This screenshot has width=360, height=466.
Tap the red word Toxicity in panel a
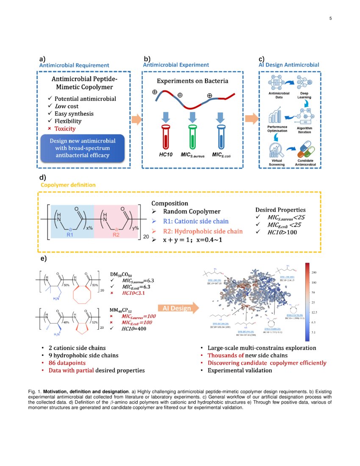[x=65, y=128]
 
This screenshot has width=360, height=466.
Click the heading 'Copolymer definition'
[x=68, y=185]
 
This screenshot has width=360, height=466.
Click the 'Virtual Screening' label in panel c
[x=277, y=162]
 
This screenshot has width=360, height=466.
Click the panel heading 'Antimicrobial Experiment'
[x=176, y=65]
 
